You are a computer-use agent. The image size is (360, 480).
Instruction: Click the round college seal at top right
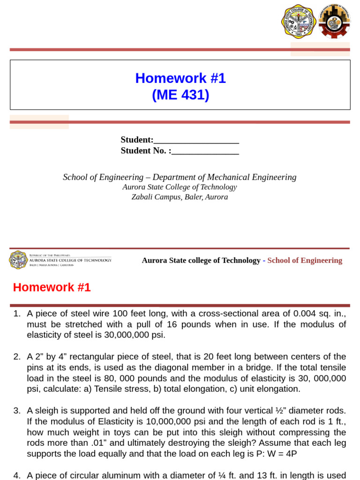(x=299, y=22)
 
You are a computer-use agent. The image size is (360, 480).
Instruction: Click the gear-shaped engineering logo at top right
(x=334, y=22)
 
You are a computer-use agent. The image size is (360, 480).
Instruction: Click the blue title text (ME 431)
(x=180, y=95)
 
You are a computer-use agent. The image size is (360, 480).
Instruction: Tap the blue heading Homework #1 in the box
(x=180, y=78)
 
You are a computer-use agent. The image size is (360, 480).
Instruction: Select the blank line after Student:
(x=196, y=141)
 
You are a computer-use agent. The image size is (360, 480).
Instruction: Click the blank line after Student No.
(x=205, y=151)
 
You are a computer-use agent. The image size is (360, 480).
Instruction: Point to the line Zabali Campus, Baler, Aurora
(x=180, y=197)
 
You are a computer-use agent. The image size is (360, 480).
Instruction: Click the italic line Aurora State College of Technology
(x=180, y=187)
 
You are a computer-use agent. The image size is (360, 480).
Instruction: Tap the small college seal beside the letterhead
(x=18, y=260)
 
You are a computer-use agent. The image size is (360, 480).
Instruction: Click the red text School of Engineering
(x=305, y=261)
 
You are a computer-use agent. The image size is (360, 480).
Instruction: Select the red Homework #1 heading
(x=52, y=288)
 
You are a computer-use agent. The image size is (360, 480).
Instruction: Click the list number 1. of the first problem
(x=17, y=314)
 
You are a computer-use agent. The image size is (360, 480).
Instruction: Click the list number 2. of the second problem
(x=17, y=357)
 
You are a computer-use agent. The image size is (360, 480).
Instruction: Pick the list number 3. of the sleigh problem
(x=17, y=411)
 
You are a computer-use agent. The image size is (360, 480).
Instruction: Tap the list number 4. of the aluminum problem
(x=17, y=475)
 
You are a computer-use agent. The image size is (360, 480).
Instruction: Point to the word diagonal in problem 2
(x=171, y=367)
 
